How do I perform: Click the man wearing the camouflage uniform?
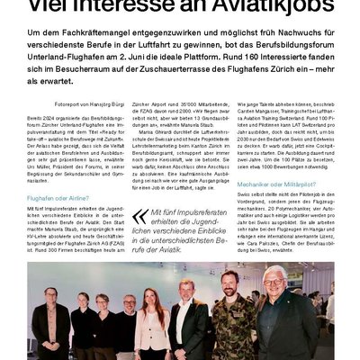[230, 319]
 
